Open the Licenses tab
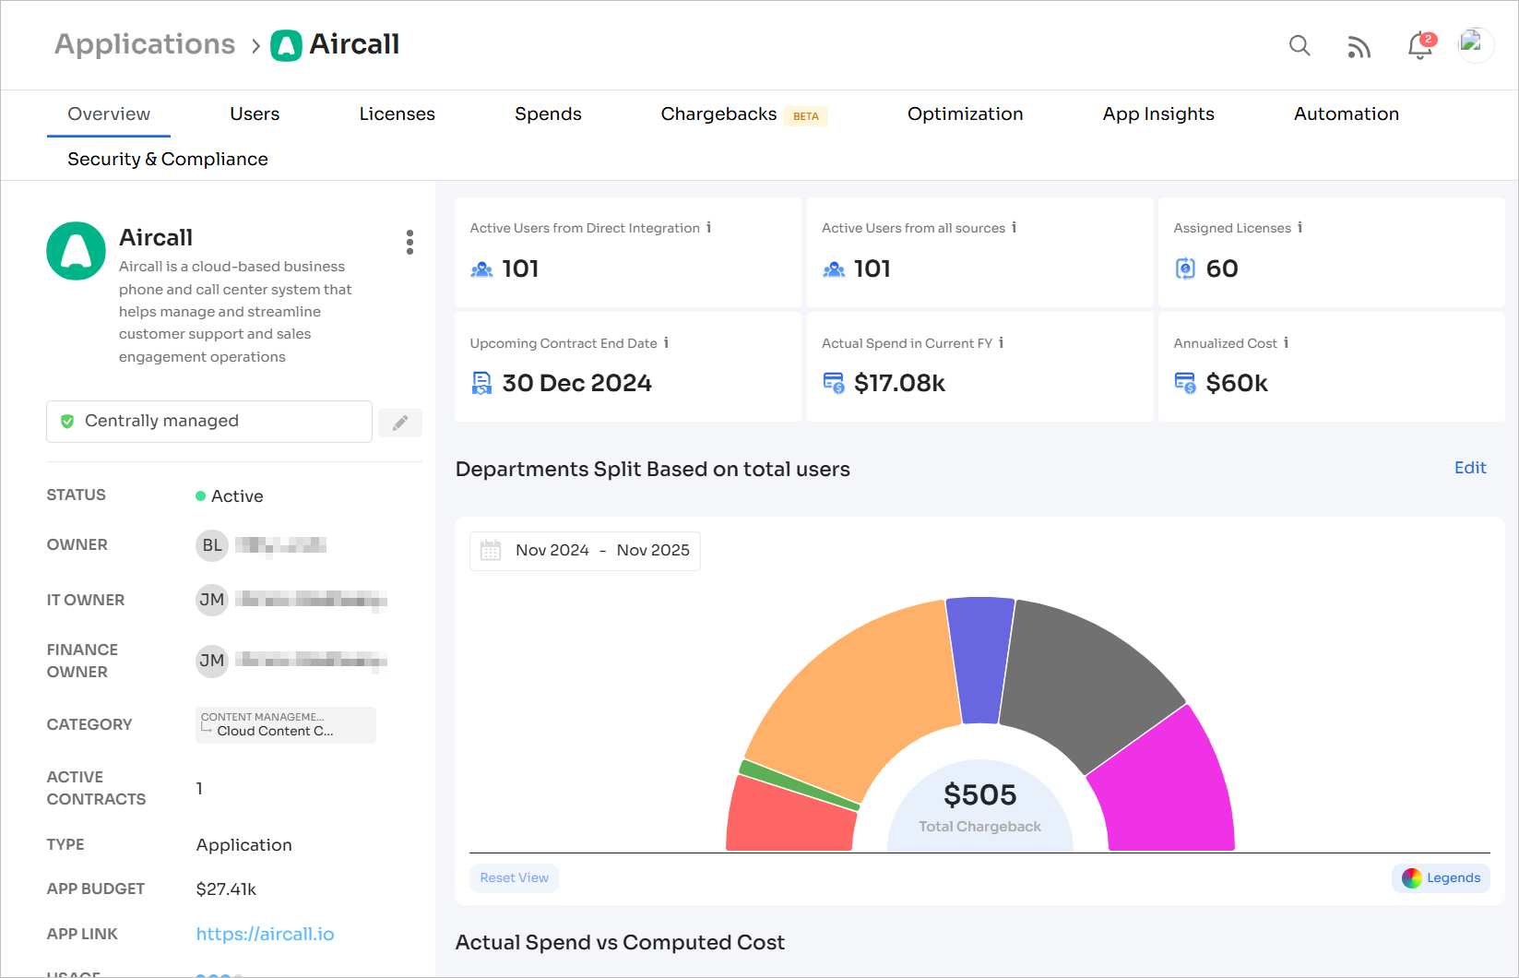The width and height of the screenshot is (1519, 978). click(x=397, y=114)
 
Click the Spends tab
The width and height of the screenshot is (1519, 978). click(x=548, y=114)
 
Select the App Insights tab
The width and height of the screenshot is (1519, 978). click(x=1157, y=114)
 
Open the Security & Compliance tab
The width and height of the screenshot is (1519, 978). click(x=168, y=160)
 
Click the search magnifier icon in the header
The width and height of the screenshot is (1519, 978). click(x=1299, y=45)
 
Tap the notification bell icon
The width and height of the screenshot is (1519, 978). click(x=1419, y=46)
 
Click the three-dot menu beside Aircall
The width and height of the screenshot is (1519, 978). click(x=409, y=243)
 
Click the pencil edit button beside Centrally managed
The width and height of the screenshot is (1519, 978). click(x=400, y=423)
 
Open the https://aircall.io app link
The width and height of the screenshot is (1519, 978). click(x=265, y=934)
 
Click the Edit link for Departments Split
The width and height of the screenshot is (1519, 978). click(x=1469, y=468)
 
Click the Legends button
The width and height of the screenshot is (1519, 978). click(x=1441, y=878)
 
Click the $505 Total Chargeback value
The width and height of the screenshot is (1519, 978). click(x=979, y=795)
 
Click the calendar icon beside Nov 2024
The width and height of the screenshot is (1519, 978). click(x=491, y=551)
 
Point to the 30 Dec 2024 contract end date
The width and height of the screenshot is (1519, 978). click(x=576, y=383)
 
